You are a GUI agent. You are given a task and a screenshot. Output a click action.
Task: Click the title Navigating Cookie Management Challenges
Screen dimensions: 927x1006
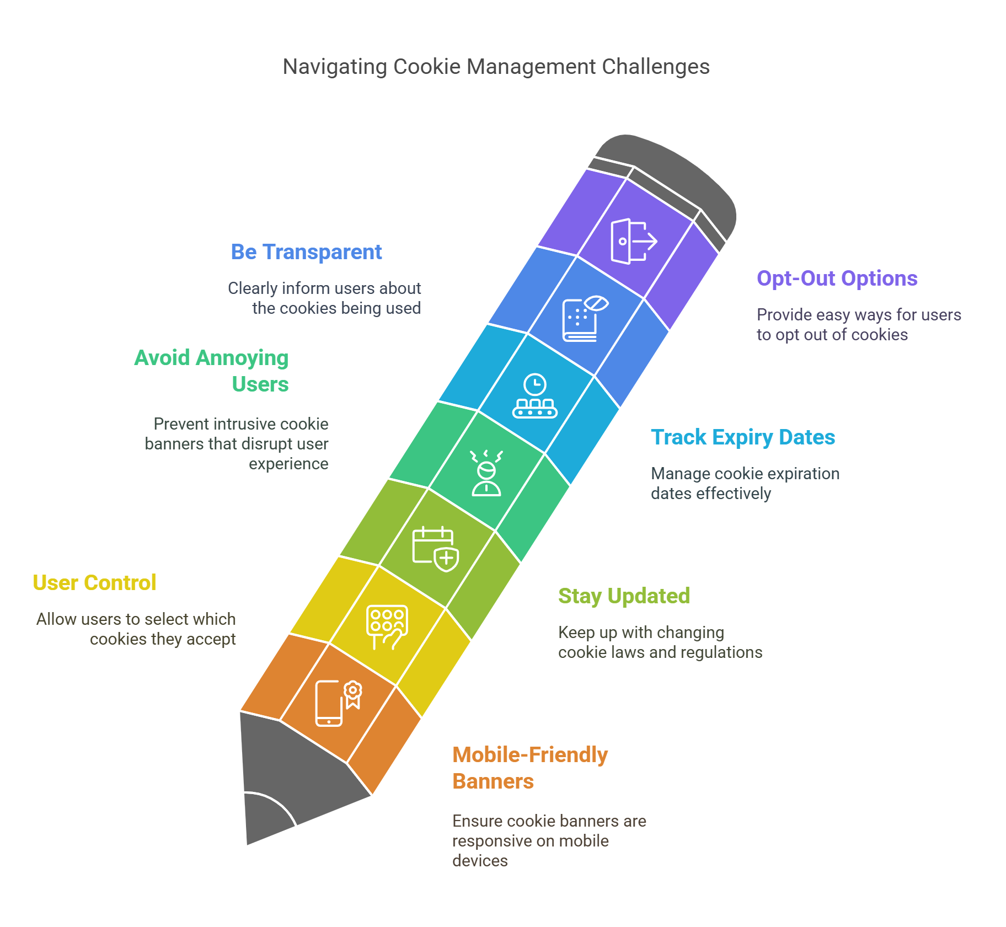496,67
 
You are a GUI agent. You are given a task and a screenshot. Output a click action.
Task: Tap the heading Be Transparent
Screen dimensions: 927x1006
306,252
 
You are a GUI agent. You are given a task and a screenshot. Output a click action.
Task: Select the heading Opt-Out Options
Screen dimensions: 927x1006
837,278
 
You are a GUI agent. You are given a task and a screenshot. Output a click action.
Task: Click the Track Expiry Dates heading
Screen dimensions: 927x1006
742,437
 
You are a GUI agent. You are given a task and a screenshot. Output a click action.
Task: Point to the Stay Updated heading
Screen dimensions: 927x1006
624,596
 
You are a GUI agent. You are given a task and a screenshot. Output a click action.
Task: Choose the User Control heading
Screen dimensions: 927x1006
94,583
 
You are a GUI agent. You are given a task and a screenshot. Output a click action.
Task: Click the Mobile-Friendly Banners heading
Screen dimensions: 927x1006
529,768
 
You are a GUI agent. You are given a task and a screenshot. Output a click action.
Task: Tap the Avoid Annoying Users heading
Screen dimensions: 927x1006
212,371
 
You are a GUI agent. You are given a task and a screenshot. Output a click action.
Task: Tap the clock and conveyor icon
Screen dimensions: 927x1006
534,396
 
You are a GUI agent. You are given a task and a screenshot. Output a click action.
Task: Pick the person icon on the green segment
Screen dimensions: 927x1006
486,473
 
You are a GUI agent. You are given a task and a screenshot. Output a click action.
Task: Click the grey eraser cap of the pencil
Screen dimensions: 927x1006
678,176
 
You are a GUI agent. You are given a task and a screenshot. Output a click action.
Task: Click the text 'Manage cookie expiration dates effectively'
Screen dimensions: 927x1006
745,483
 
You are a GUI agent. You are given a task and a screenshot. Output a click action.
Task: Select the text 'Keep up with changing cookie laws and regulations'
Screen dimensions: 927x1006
660,642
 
